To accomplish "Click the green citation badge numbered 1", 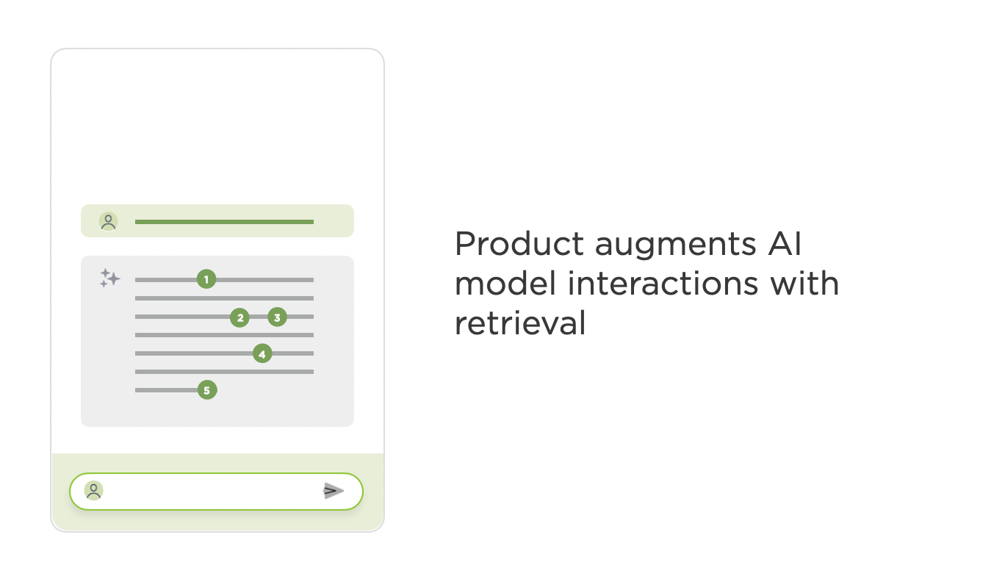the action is click(x=206, y=279).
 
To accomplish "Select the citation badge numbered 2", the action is click(x=239, y=317).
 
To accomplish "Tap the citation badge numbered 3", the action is click(x=277, y=317).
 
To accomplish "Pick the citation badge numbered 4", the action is click(x=262, y=353).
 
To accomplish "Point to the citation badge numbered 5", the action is click(x=207, y=390).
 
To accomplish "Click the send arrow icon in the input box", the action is click(x=334, y=491).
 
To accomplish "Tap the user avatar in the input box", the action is click(x=94, y=491).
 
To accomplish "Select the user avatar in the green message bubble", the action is click(x=108, y=221).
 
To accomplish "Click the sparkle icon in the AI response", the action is click(x=110, y=278).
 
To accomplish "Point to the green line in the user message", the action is click(x=224, y=222).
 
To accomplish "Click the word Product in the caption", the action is click(x=519, y=244).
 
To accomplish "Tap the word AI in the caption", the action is click(x=785, y=244).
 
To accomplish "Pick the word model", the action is click(x=505, y=284).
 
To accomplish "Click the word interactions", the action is click(x=663, y=284).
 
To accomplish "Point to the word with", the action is click(x=804, y=284).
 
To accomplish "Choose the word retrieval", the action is click(x=520, y=323).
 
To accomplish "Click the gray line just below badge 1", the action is click(x=224, y=298).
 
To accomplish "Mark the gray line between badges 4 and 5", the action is click(x=224, y=372).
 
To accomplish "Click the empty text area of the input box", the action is click(x=211, y=491).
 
